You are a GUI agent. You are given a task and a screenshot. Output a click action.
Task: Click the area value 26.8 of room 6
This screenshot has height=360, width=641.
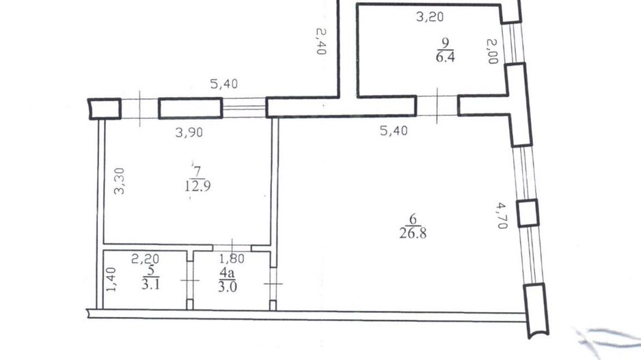413,234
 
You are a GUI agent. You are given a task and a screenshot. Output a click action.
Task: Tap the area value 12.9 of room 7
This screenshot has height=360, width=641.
197,186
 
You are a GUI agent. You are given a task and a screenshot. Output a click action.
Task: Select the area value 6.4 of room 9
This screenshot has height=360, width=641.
445,57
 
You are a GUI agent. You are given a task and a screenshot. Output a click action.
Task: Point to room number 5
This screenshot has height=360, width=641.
151,271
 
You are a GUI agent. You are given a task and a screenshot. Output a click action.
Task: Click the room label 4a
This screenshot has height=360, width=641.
227,272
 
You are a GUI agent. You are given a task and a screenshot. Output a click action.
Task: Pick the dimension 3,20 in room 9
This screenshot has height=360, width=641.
430,17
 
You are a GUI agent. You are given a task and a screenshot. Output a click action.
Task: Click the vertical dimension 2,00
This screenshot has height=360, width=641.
492,51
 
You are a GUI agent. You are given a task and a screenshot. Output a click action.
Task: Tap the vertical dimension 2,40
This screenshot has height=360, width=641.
321,41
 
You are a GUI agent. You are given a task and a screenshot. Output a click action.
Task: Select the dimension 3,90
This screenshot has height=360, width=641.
189,132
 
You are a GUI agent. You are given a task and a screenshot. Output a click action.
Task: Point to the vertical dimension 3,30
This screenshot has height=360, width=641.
120,181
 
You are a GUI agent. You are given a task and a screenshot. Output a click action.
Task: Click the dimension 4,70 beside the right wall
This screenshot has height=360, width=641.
502,215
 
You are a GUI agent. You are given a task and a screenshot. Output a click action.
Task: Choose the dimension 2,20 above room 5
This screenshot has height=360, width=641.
145,258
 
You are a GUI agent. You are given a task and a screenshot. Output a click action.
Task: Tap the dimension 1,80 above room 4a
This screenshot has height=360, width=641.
232,258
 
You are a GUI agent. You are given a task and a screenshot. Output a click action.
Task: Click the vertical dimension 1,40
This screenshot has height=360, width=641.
111,279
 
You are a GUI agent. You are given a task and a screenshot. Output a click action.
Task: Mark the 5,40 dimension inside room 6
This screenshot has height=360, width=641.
394,130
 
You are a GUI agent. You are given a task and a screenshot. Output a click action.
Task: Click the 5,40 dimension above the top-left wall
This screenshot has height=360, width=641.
223,84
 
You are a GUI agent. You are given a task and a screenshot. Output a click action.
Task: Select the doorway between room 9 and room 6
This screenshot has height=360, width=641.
437,105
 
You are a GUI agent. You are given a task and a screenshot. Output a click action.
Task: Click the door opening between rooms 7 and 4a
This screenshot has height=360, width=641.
232,247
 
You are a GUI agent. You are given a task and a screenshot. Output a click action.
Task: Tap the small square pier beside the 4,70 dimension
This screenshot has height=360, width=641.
528,213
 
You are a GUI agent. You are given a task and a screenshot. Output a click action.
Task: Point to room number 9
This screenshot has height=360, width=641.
445,42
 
